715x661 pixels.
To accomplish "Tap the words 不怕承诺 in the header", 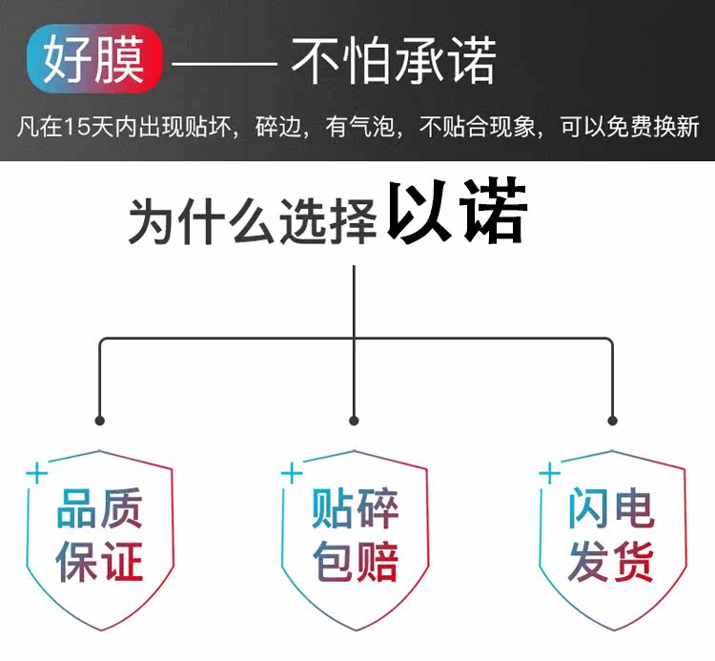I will (393, 62).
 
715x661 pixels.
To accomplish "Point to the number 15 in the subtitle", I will (77, 127).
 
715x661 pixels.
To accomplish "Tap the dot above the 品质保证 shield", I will (99, 420).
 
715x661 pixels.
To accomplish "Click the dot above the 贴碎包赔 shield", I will (354, 420).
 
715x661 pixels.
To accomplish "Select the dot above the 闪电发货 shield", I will (612, 420).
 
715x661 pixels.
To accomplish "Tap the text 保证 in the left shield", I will (100, 561).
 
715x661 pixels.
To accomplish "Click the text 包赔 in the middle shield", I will (355, 561).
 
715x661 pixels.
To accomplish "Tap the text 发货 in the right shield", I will (611, 561).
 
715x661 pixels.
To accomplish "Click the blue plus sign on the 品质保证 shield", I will (36, 473).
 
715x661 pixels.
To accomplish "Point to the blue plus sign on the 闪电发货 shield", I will (548, 473).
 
